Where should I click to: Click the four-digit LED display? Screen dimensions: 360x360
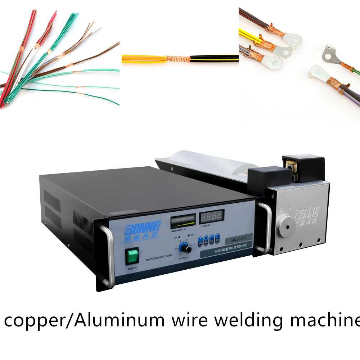click(x=212, y=216)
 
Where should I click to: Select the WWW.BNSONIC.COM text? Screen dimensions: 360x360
click(x=158, y=258)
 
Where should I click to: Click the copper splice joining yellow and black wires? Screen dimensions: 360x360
click(x=178, y=58)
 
